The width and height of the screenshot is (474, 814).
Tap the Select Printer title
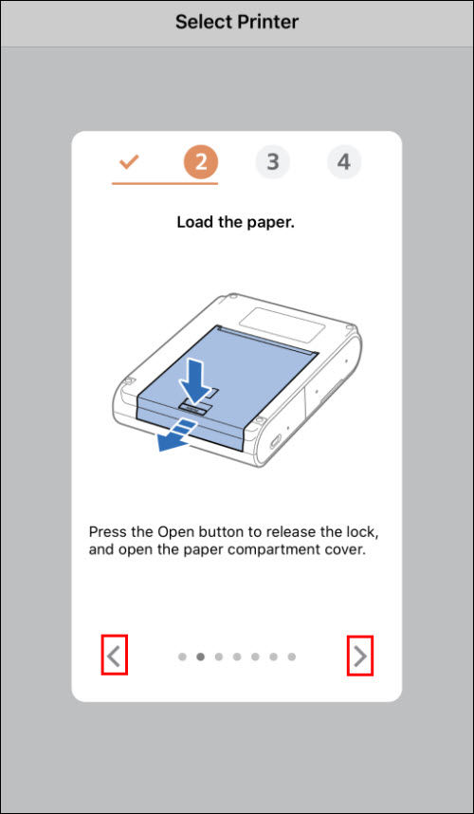pos(236,22)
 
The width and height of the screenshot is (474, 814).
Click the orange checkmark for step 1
pos(129,162)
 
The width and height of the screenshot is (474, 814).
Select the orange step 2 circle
pos(200,162)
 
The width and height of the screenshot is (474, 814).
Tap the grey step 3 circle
pos(272,162)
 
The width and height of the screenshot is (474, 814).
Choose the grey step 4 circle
pos(343,162)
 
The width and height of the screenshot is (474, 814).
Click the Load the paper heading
pos(236,223)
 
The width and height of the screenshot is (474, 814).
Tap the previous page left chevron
pos(114,656)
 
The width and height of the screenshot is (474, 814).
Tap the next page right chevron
pos(359,656)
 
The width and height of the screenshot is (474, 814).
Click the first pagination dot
pos(182,657)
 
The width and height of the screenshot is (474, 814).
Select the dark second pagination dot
pos(200,657)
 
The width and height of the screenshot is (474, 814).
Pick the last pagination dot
pos(291,657)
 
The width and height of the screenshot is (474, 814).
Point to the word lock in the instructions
pos(364,532)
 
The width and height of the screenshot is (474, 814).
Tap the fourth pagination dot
pos(237,657)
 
